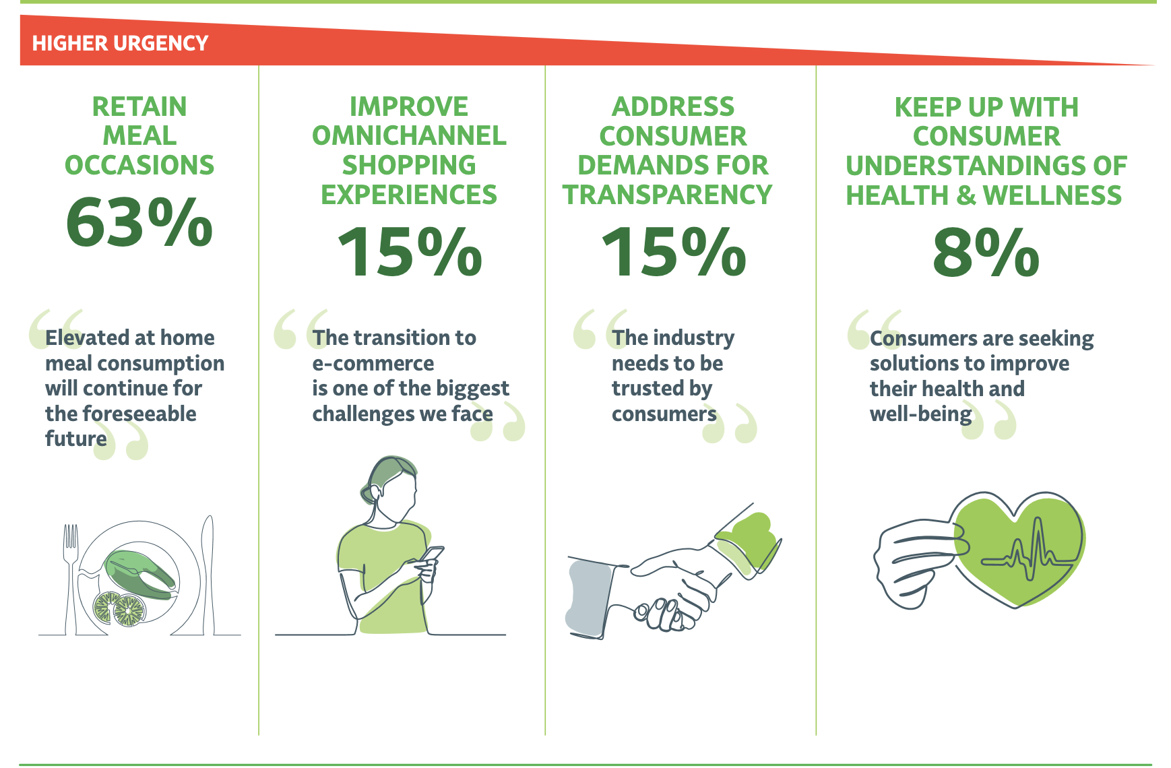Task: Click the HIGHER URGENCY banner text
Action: tap(120, 43)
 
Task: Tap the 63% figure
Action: tap(139, 222)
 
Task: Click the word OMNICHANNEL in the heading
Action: tap(409, 136)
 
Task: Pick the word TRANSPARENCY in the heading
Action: tap(668, 195)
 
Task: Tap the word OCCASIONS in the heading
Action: tap(139, 165)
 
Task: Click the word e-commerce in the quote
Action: tap(373, 363)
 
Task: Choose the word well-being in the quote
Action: tap(921, 414)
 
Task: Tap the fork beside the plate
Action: tap(71, 579)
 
